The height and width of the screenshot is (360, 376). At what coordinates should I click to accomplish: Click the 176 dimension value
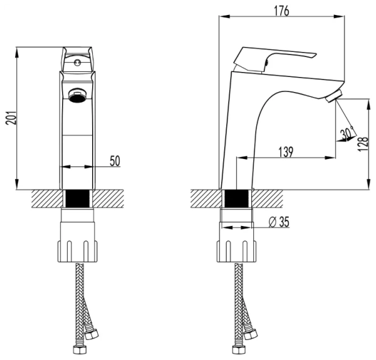click(x=282, y=11)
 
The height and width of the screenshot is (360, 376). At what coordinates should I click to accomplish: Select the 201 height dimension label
click(x=11, y=118)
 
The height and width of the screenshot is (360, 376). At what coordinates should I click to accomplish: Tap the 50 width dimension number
click(x=115, y=161)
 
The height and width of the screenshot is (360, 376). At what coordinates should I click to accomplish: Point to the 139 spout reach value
click(x=286, y=152)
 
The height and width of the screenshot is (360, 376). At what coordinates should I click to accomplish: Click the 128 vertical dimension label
click(x=363, y=143)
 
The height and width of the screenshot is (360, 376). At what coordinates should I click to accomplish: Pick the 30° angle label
click(x=347, y=133)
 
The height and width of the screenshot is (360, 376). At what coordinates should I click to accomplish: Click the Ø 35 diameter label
click(x=279, y=222)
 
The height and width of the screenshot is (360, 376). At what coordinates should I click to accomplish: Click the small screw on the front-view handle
click(x=77, y=63)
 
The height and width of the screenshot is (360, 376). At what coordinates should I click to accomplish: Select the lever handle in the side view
click(x=273, y=59)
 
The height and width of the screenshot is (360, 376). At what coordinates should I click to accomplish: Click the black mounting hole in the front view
click(x=78, y=198)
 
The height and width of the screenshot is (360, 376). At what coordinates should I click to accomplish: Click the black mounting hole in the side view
click(x=236, y=198)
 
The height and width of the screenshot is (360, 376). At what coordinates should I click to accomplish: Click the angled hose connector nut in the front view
click(x=91, y=334)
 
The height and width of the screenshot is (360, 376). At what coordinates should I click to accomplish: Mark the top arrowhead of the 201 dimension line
click(x=17, y=53)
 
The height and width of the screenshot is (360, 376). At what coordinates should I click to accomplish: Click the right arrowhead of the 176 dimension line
click(x=339, y=16)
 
